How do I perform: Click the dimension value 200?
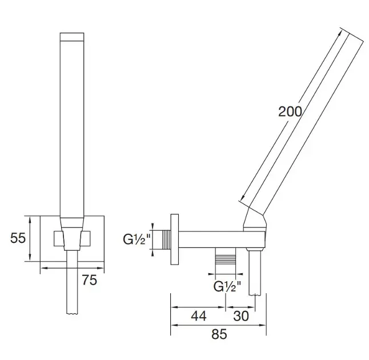coord(290,111)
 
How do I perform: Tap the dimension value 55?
coord(18,238)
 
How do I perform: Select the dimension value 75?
coord(90,280)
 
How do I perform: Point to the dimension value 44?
coord(199,316)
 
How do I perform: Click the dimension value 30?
coord(241,316)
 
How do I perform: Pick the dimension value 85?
coord(219,334)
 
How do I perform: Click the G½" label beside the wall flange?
coord(137,239)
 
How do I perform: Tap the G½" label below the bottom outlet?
coord(227,286)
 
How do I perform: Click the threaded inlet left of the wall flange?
coord(166,239)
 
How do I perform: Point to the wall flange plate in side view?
coord(175,239)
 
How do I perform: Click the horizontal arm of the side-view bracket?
coord(222,239)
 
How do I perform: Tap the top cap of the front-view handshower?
coord(72,37)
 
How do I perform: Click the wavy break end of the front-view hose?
coord(72,313)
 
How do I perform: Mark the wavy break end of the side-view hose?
coord(255,294)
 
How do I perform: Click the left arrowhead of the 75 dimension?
coord(44,267)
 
